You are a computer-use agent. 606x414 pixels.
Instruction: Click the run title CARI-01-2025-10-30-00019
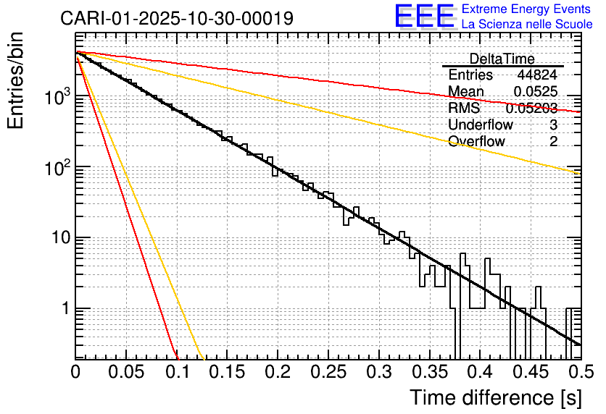point(177,18)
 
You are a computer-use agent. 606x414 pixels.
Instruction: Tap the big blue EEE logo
point(424,17)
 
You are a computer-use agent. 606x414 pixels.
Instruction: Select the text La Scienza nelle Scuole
point(526,25)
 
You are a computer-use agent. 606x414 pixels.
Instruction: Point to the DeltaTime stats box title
point(502,59)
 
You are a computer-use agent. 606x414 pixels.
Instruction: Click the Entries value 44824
point(537,75)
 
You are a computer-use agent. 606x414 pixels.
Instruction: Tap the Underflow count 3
point(553,124)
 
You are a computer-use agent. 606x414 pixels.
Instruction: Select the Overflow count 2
point(553,141)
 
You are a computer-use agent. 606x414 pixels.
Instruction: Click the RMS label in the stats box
point(462,109)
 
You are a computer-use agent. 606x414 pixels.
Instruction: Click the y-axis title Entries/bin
point(16,81)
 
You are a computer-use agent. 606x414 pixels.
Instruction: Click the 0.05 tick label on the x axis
point(126,372)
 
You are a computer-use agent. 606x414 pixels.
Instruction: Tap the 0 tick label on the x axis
point(75,372)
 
